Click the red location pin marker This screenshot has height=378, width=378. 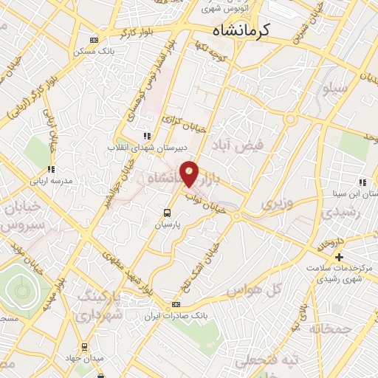pos(190,173)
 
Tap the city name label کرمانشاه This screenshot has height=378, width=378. pos(241,30)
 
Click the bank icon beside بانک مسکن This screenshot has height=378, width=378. pos(93,41)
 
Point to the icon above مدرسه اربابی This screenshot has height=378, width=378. pos(51,169)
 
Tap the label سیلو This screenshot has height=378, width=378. pos(334,89)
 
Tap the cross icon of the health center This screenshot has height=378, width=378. pos(339,257)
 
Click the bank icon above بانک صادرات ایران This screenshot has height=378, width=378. pos(176,304)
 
